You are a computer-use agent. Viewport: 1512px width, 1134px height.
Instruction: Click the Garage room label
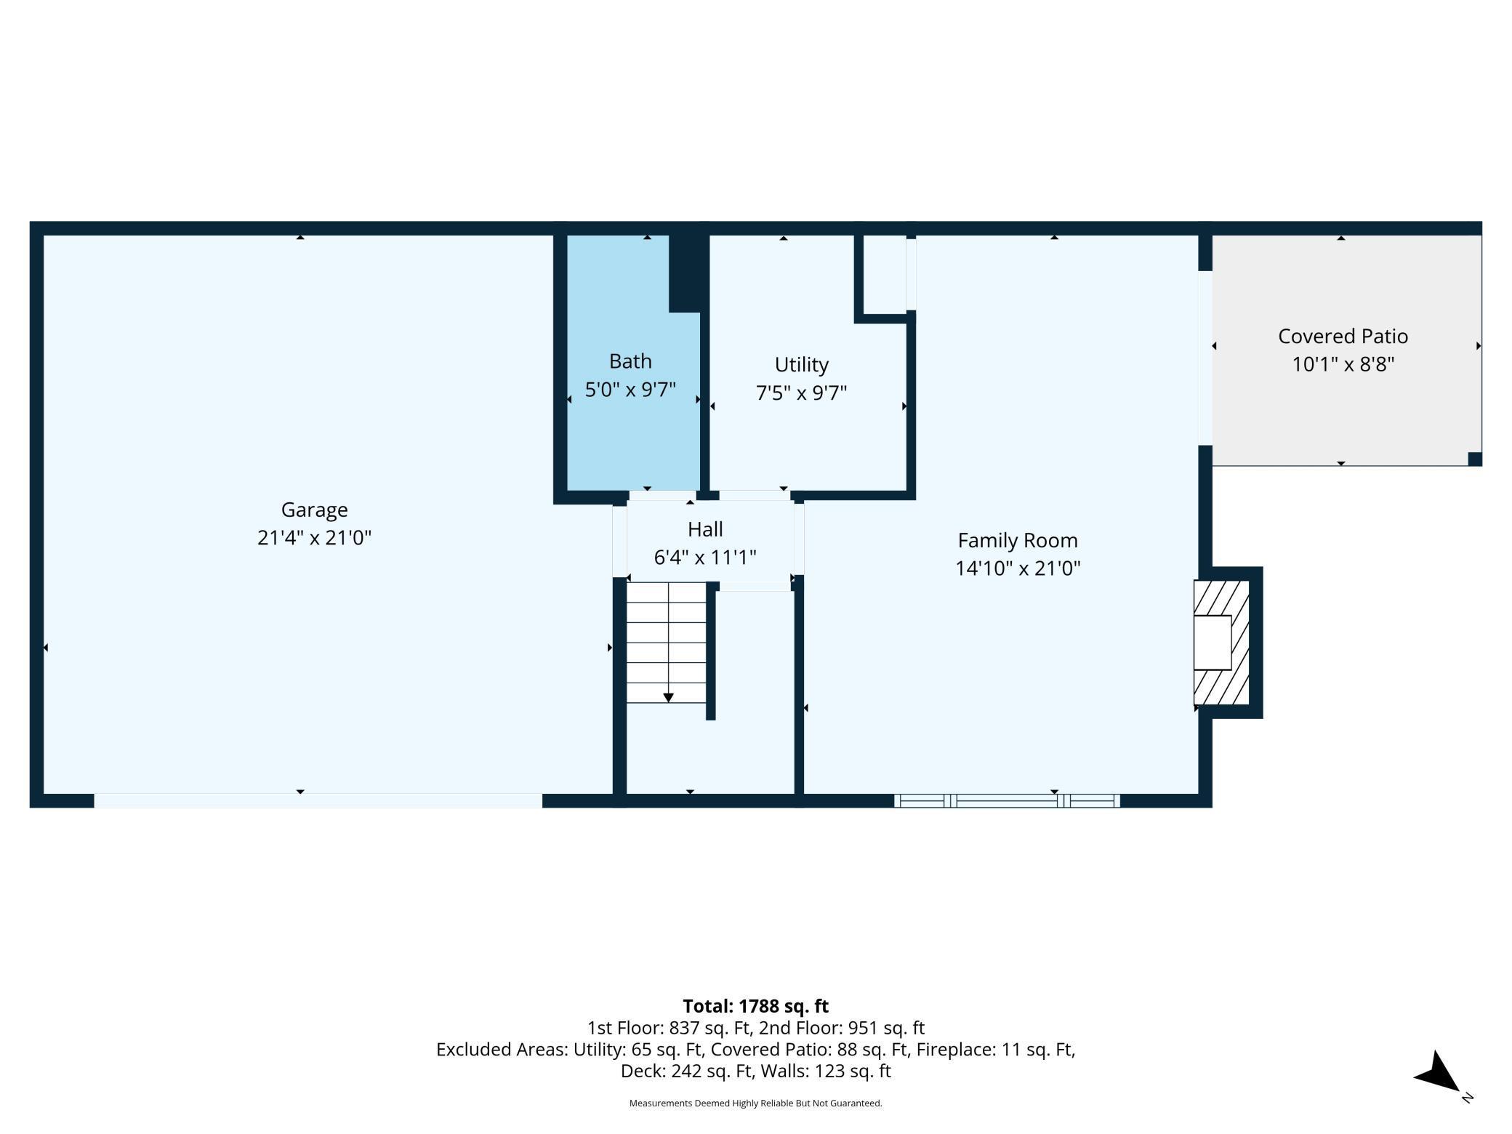point(314,510)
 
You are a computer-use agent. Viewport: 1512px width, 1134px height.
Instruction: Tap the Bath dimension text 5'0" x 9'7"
point(630,390)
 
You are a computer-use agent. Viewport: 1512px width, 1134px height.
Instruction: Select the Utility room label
point(801,364)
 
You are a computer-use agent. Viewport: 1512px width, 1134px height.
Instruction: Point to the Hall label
point(705,529)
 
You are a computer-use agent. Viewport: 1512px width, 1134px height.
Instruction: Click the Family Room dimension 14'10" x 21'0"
point(1018,568)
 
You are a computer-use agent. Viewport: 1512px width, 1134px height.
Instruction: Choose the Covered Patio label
point(1343,336)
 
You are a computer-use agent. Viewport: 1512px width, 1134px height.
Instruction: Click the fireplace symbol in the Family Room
point(1222,643)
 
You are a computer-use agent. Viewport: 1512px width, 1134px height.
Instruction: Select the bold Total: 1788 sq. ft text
point(755,1006)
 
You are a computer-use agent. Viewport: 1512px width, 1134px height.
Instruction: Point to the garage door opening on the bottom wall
point(318,800)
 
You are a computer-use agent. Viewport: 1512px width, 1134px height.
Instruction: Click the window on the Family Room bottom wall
point(1007,800)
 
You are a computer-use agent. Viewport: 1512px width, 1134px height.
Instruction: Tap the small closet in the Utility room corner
point(885,275)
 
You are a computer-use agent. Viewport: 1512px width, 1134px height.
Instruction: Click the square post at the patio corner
point(1475,459)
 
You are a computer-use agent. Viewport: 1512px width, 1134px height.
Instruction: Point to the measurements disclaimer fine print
point(755,1103)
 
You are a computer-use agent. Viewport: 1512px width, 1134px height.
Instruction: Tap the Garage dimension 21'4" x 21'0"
point(314,538)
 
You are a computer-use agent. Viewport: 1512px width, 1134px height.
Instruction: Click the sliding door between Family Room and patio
point(1205,358)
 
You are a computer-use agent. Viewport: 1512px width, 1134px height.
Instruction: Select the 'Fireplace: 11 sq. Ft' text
point(995,1050)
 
